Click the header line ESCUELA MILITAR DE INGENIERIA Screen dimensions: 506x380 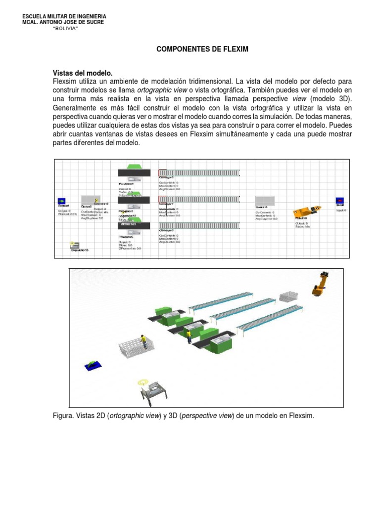coord(65,17)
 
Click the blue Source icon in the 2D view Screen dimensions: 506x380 coord(62,201)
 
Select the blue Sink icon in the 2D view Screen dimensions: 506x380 coord(340,201)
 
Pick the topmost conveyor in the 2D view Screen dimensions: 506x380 coord(198,172)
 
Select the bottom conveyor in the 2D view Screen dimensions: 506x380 coord(198,226)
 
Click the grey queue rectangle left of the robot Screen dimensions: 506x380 coord(265,200)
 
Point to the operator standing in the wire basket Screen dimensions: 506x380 coord(143,341)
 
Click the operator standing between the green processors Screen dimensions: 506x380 coord(189,337)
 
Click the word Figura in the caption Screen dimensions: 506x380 coord(62,416)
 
